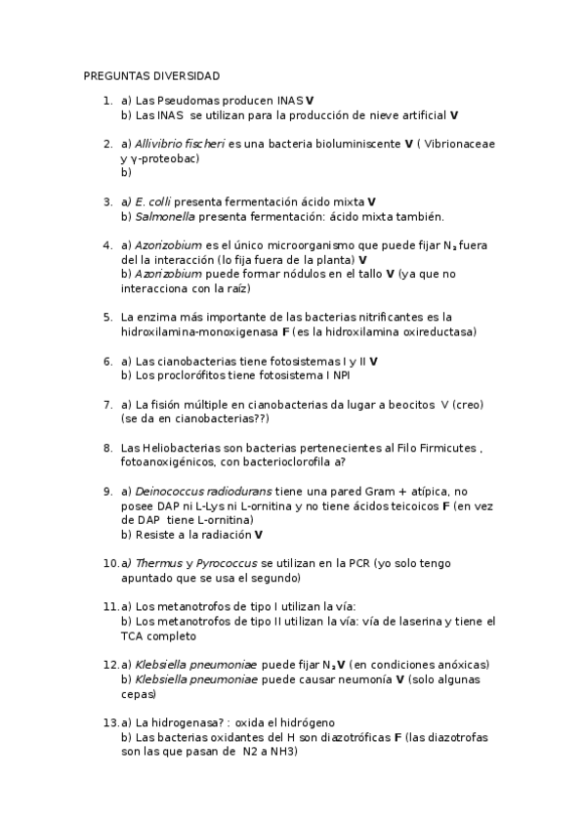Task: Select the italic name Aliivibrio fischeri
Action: click(180, 144)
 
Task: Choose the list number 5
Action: click(107, 317)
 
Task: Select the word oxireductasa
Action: click(439, 331)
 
